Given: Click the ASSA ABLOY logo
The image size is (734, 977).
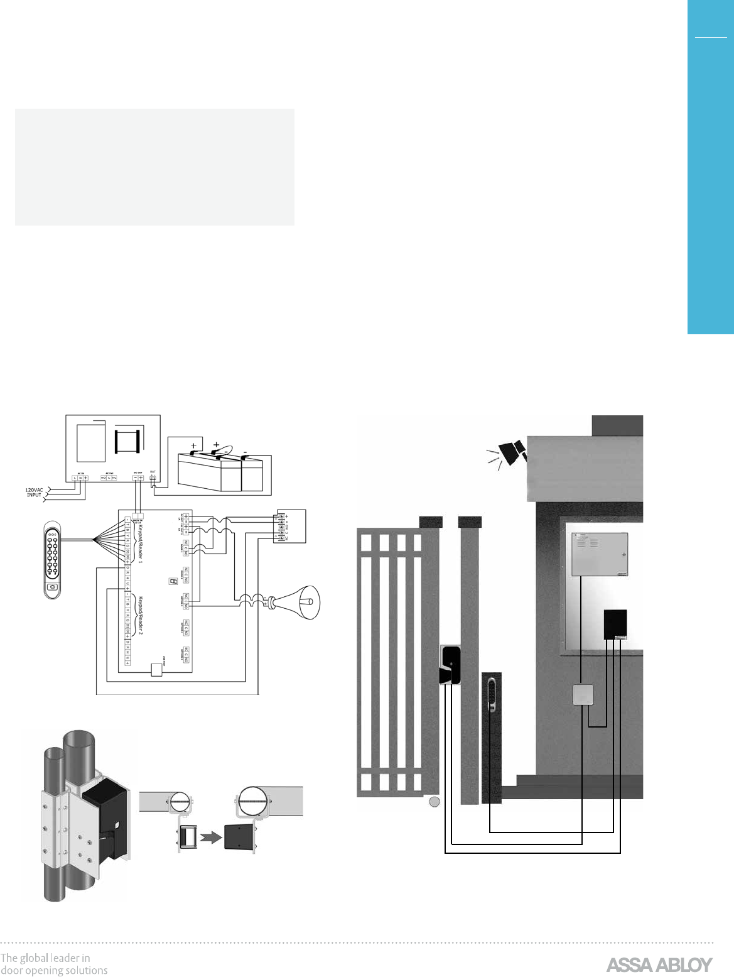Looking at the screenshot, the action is point(659,964).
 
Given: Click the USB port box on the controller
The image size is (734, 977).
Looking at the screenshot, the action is point(156,672).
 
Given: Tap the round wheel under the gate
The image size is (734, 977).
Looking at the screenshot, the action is point(433,802).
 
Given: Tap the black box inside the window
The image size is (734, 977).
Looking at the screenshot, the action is point(616,624).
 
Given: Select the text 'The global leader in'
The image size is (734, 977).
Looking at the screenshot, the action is point(45,958).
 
